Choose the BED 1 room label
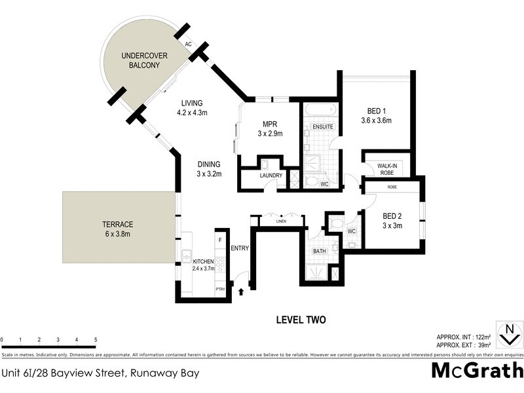pos(376,115)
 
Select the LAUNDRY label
pos(271,176)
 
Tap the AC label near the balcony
pos(188,45)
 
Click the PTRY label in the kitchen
pos(220,289)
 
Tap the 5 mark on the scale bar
pos(96,340)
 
